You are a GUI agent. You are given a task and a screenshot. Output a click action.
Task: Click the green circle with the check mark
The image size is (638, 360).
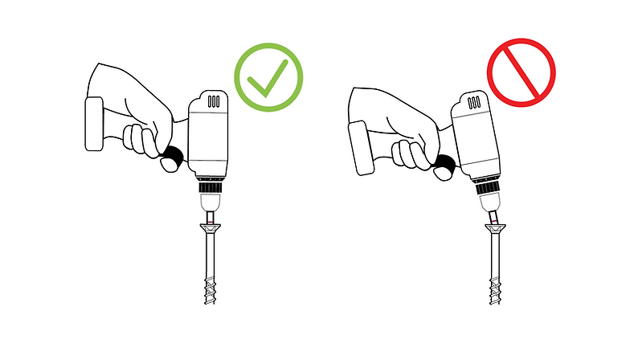pos(268,79)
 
